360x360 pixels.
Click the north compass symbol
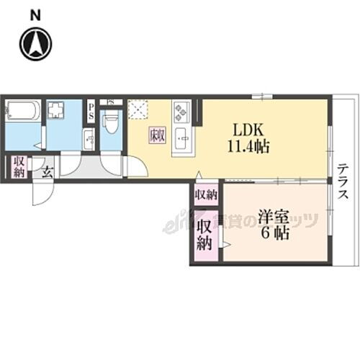pos(36,42)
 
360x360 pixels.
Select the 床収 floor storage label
pos(157,134)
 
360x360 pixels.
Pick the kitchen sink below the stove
pos(181,135)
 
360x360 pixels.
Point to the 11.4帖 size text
pos(249,146)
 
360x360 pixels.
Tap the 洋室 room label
pos(273,215)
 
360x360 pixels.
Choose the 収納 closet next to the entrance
pos(18,166)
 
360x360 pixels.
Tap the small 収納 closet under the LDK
pos(206,194)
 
